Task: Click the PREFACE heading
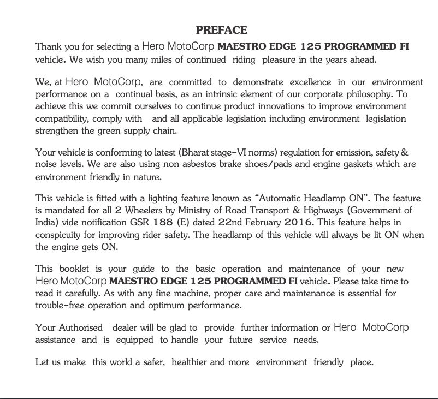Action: click(x=221, y=30)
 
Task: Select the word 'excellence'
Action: click(x=310, y=83)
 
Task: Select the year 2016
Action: click(x=299, y=223)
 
